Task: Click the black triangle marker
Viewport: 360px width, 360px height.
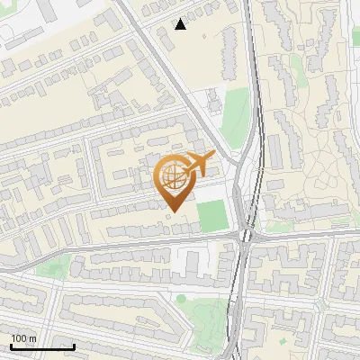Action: coord(181,24)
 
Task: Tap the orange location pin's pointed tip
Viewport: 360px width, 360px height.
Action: coord(173,211)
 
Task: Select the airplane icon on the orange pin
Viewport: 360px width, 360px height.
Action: coord(198,166)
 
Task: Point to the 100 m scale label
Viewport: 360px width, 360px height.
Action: coord(23,338)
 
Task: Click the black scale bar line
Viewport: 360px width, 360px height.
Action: coord(42,346)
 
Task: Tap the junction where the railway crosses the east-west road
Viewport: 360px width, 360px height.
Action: coord(245,236)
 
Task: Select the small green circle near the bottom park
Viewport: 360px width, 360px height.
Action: coord(181,299)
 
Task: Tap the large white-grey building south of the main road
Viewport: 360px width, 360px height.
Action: coord(191,263)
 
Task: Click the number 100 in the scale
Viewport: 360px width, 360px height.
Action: coord(18,338)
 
